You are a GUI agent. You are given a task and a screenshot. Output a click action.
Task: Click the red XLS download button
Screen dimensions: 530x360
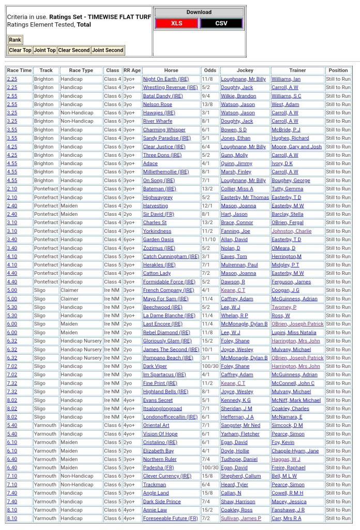point(176,23)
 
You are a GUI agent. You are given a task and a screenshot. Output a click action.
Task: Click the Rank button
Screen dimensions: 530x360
point(15,40)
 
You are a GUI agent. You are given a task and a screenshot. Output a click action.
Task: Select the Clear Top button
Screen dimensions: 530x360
point(20,50)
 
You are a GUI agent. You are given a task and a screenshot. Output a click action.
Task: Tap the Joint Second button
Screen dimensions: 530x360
point(108,50)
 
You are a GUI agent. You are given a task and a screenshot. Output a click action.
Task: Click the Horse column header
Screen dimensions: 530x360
point(171,70)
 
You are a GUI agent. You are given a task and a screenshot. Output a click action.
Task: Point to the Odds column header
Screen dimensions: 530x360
point(210,70)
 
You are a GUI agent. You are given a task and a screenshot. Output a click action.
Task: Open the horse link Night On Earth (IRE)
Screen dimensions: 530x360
point(166,79)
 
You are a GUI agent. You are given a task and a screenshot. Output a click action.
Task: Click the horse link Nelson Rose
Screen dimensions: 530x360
point(158,105)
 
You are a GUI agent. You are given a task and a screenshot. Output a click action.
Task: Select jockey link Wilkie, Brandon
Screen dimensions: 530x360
point(238,96)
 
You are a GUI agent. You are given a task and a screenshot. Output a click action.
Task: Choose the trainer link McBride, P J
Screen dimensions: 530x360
point(286,130)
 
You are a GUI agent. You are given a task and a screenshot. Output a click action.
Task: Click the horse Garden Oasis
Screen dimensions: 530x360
point(158,240)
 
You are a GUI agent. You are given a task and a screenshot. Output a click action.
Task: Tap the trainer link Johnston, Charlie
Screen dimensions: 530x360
point(292,231)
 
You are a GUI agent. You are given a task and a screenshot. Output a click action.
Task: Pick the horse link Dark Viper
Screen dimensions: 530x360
point(155,366)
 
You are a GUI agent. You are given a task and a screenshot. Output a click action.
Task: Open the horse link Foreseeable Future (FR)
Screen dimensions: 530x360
point(170,518)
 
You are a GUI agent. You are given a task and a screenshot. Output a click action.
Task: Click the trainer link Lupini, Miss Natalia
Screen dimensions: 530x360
point(294,332)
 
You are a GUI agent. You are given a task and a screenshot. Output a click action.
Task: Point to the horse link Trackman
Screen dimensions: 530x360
point(155,484)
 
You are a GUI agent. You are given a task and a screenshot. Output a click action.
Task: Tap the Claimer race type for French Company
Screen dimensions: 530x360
point(69,290)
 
